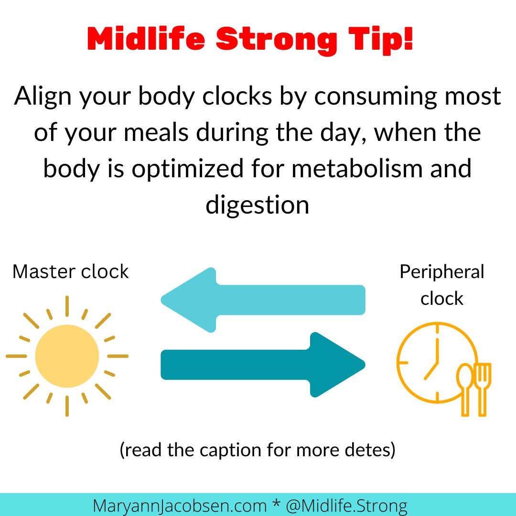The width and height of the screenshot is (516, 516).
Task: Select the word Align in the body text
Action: (43, 96)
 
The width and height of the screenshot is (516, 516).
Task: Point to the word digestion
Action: (258, 205)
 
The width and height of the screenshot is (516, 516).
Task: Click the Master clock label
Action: (71, 271)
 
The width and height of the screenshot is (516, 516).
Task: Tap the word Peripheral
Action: (441, 271)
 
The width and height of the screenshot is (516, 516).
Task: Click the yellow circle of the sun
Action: (67, 356)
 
